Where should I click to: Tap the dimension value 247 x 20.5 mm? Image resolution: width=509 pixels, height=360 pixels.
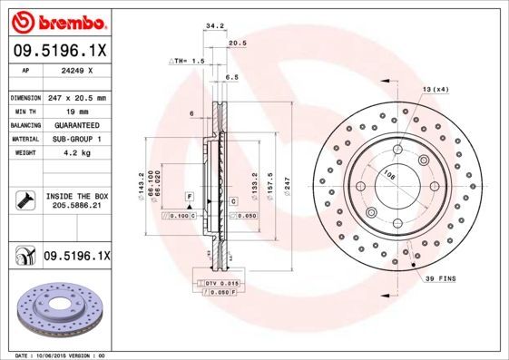pos(77,96)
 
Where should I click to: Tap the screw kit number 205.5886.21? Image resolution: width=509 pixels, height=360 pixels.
pos(77,207)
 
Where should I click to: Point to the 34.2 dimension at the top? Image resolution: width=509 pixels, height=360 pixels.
pos(215,27)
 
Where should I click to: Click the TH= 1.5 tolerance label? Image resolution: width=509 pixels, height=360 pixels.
pos(188,60)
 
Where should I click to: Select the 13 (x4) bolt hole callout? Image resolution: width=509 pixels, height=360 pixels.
pos(435,88)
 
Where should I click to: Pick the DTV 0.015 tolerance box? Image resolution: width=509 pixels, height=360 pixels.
pos(221,285)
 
